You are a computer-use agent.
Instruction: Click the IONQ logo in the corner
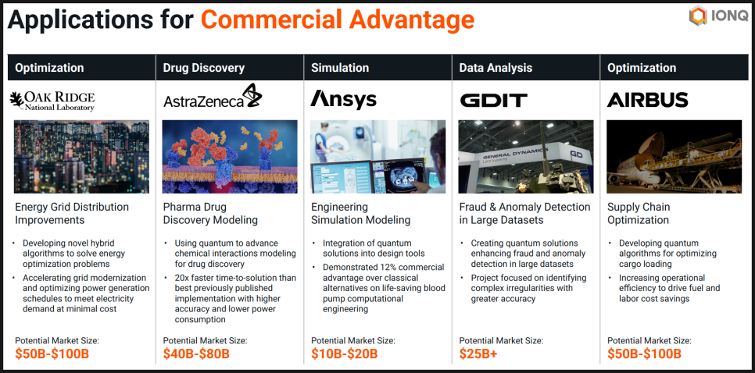tap(718, 16)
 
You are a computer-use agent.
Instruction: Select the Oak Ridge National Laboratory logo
tap(52, 101)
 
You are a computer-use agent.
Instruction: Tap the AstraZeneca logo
tap(213, 96)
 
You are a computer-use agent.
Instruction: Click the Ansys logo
tap(343, 100)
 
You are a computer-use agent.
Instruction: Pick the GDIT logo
tap(493, 100)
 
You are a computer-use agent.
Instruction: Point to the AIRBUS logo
tap(647, 100)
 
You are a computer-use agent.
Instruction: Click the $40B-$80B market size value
tap(196, 354)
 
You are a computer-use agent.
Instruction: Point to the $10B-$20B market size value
tap(344, 354)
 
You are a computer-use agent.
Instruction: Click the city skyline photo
tap(82, 157)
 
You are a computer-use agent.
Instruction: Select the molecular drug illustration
tap(230, 157)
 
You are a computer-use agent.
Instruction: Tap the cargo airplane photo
tap(674, 157)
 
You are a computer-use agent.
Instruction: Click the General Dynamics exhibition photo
tap(526, 157)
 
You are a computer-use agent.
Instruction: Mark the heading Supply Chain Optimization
tap(639, 213)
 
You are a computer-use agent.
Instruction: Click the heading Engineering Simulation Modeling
tap(360, 213)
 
